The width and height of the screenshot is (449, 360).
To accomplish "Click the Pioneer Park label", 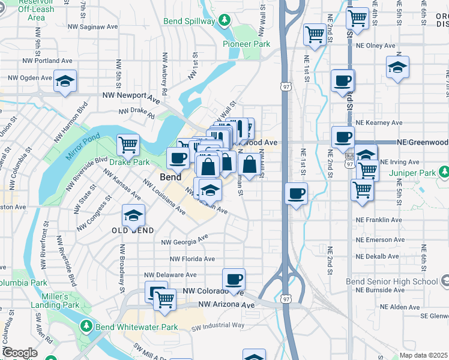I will [x=246, y=44].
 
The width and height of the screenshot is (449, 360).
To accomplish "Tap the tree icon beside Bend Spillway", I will [x=224, y=21].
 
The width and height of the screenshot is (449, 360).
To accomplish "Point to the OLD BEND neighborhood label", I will [x=133, y=230].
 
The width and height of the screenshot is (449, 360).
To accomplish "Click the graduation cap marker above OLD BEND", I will [x=134, y=215].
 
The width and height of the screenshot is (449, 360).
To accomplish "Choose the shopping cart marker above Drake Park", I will [x=128, y=144].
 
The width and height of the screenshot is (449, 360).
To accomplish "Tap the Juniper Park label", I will [x=426, y=173].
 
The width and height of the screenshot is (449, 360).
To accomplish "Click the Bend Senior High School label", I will [x=392, y=281].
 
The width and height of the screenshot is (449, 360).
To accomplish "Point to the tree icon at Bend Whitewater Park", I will [x=86, y=327].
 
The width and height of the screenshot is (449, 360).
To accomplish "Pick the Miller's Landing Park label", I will [x=60, y=301].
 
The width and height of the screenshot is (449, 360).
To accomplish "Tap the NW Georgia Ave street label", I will [x=184, y=241].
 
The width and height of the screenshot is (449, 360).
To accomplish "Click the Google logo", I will [x=19, y=353].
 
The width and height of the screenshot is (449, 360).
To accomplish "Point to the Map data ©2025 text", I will [x=423, y=355].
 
